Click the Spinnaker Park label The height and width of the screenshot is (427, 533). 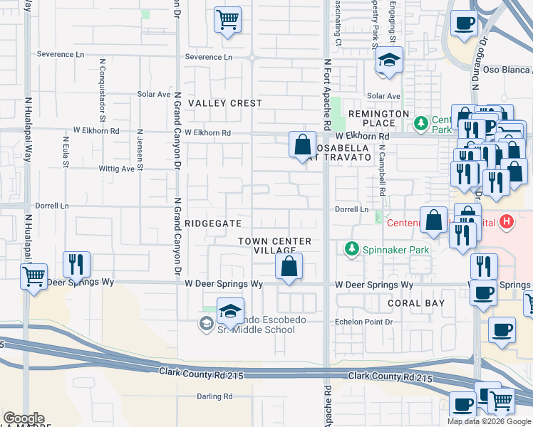(x=389, y=250)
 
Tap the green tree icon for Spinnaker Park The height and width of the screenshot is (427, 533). (x=351, y=249)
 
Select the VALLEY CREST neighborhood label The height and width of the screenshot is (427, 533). (x=224, y=103)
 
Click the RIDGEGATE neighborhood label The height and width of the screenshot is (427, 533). (x=213, y=223)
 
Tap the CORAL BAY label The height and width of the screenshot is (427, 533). (x=416, y=303)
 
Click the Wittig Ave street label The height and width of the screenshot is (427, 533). (x=118, y=169)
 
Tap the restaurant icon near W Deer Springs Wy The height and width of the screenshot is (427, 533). (x=76, y=264)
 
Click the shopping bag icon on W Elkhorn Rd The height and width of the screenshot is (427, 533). (x=302, y=144)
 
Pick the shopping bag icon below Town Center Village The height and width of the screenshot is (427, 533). (x=289, y=268)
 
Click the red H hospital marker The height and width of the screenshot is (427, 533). (x=507, y=222)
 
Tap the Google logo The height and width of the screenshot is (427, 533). (x=24, y=418)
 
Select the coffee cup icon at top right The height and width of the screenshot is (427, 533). (x=464, y=23)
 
